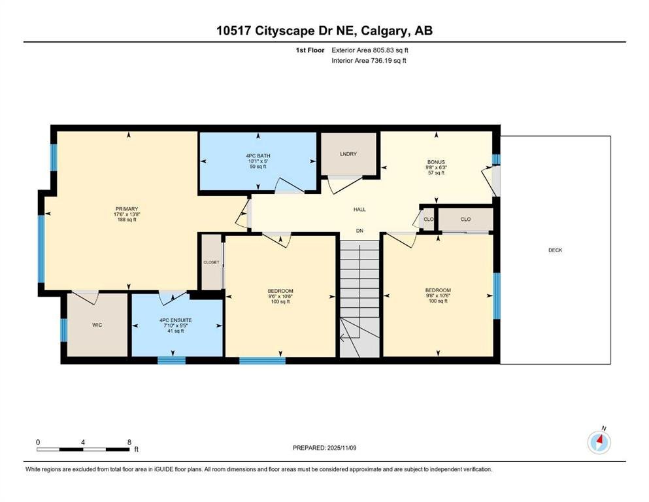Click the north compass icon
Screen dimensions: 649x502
[x=599, y=442]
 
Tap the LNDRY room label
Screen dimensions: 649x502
[x=348, y=154]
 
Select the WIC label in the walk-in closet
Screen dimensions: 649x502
[x=97, y=325]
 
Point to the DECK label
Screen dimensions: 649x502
[x=555, y=250]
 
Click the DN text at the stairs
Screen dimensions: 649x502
[x=359, y=231]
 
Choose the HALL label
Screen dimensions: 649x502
[x=359, y=209]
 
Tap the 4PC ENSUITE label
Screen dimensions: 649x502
[x=176, y=320]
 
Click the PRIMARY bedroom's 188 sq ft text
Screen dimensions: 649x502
[x=127, y=220]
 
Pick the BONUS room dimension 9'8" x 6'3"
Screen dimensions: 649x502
[x=436, y=167]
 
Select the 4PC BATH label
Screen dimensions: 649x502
[x=258, y=156]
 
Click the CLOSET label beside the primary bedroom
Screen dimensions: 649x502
[x=211, y=262]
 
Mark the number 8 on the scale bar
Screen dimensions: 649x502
[x=129, y=442]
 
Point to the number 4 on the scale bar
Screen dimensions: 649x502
[x=83, y=442]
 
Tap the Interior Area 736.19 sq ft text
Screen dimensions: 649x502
[x=369, y=60]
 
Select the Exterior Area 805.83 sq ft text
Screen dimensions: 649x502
[x=370, y=50]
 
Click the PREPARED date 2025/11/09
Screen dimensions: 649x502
[x=341, y=448]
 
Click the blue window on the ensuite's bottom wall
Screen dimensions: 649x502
[x=171, y=360]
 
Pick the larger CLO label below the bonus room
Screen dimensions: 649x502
[x=465, y=220]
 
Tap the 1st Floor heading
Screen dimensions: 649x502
[x=310, y=50]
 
